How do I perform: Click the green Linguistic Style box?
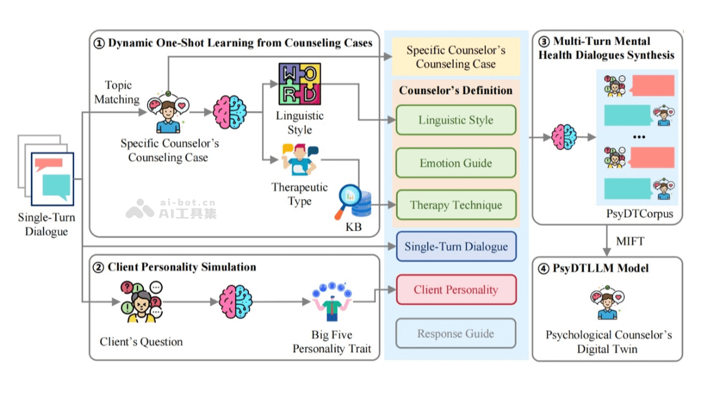point(456,120)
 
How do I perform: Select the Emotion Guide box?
point(456,163)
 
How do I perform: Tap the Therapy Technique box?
point(456,205)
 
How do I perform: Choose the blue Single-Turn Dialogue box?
point(456,246)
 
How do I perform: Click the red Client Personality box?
point(456,289)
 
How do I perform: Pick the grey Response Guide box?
point(456,334)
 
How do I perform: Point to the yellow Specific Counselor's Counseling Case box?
point(456,57)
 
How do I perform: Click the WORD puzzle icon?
point(300,84)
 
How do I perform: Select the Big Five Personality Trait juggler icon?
point(331,302)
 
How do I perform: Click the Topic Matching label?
point(117,93)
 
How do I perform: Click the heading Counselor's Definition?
point(456,90)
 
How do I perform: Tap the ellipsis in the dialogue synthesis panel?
point(640,137)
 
